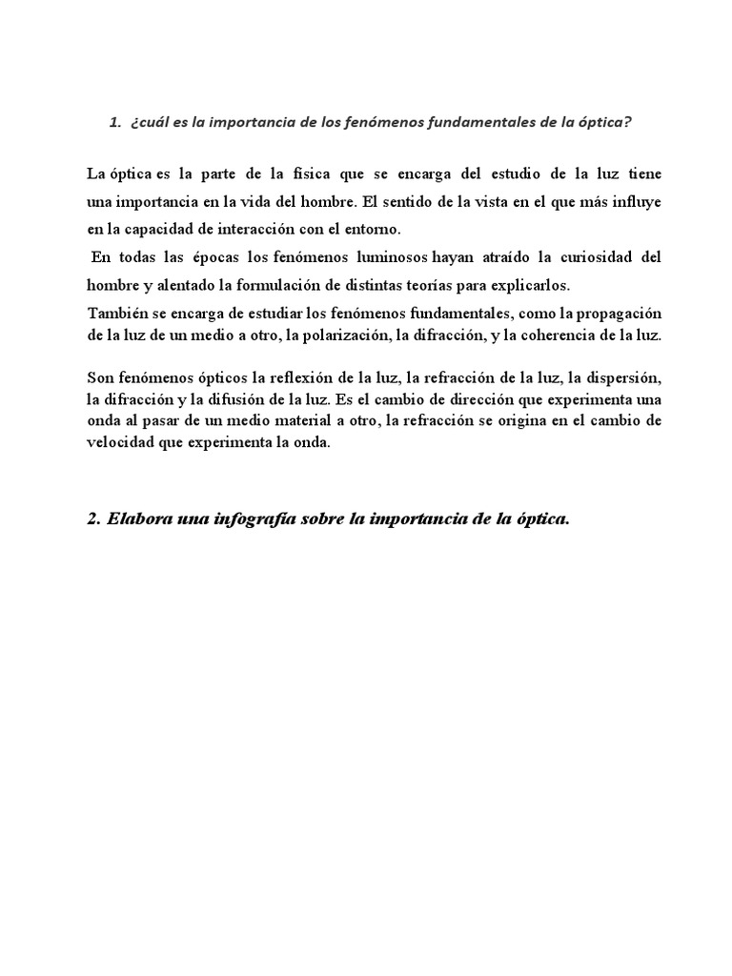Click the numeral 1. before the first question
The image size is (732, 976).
(x=115, y=122)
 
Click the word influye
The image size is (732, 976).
(x=635, y=202)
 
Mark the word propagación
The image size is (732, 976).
(x=615, y=314)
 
